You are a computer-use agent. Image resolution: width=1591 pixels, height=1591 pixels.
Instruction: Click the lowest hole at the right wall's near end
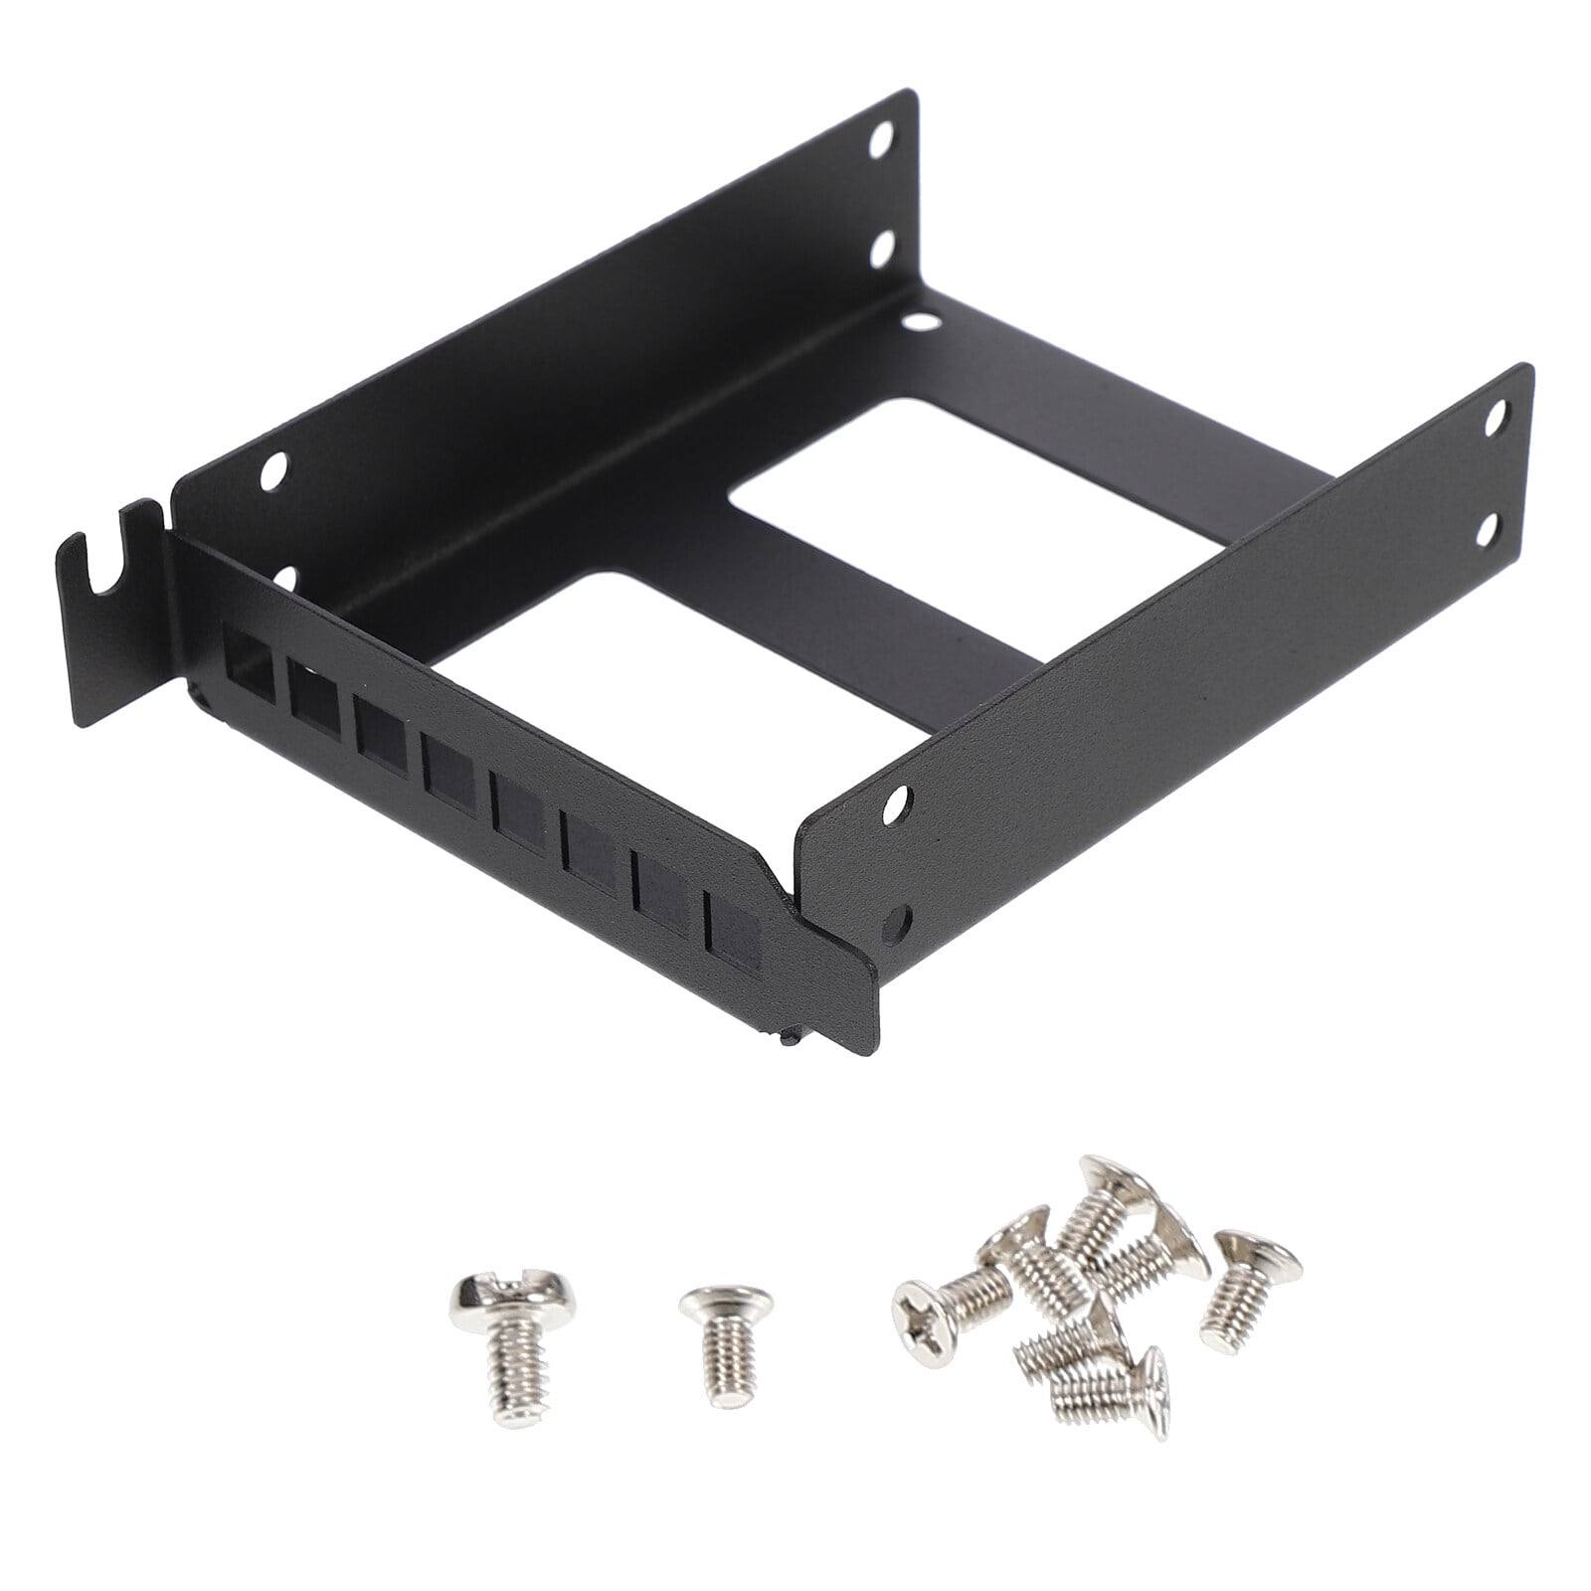pyautogui.click(x=903, y=921)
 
